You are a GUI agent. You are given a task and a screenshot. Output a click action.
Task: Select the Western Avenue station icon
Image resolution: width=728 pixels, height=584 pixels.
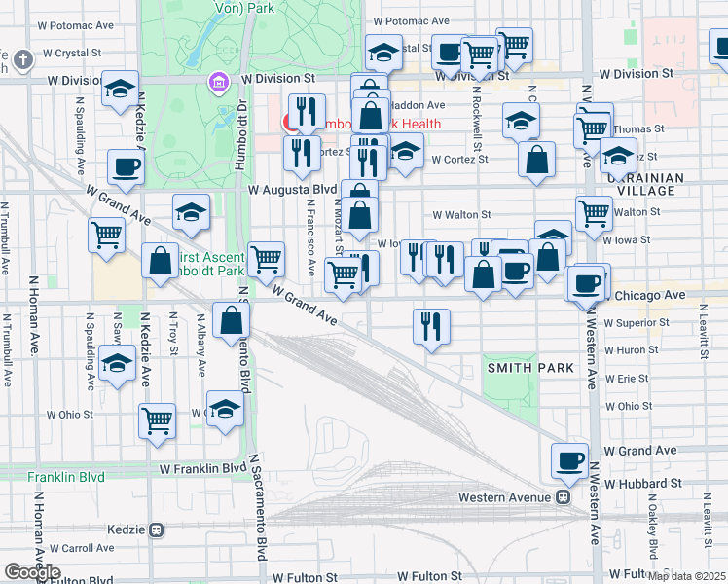(x=563, y=497)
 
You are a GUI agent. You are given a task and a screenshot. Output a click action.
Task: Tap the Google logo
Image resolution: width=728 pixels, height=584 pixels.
(x=33, y=571)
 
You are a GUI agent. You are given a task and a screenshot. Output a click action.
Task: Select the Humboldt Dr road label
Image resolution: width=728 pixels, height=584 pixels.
(x=244, y=116)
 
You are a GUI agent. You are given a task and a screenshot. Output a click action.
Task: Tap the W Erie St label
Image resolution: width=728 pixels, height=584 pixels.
(x=628, y=378)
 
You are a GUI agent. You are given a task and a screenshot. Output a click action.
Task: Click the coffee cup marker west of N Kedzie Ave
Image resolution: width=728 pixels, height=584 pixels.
(x=126, y=167)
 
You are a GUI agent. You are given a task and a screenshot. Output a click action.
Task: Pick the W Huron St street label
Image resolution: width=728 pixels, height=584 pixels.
(x=632, y=349)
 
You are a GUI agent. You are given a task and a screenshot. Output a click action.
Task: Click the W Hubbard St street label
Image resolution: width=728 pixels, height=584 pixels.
(x=641, y=483)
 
